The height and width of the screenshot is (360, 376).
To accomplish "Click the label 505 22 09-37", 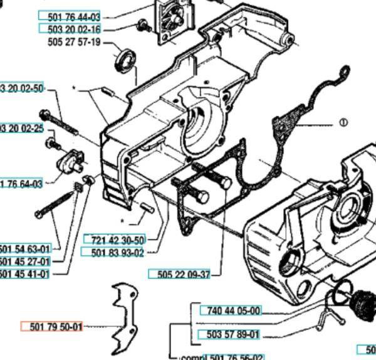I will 180,275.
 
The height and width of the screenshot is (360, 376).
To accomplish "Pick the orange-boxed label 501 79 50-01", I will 52,327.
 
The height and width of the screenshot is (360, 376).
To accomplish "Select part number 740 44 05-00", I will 231,310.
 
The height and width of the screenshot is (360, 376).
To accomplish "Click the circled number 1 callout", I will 343,123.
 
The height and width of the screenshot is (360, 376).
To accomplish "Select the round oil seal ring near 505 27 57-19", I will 127,60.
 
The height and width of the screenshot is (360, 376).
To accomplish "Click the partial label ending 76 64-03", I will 21,184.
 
